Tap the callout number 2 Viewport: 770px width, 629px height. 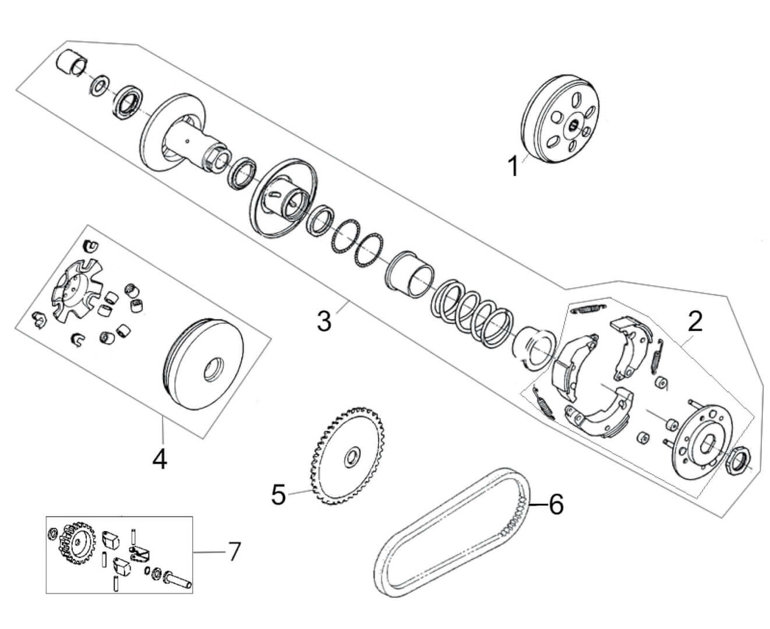click(694, 321)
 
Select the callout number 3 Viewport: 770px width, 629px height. click(324, 320)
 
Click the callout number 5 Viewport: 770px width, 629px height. click(279, 495)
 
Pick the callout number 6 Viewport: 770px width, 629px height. click(556, 504)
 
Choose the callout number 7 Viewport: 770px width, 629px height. click(232, 552)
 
